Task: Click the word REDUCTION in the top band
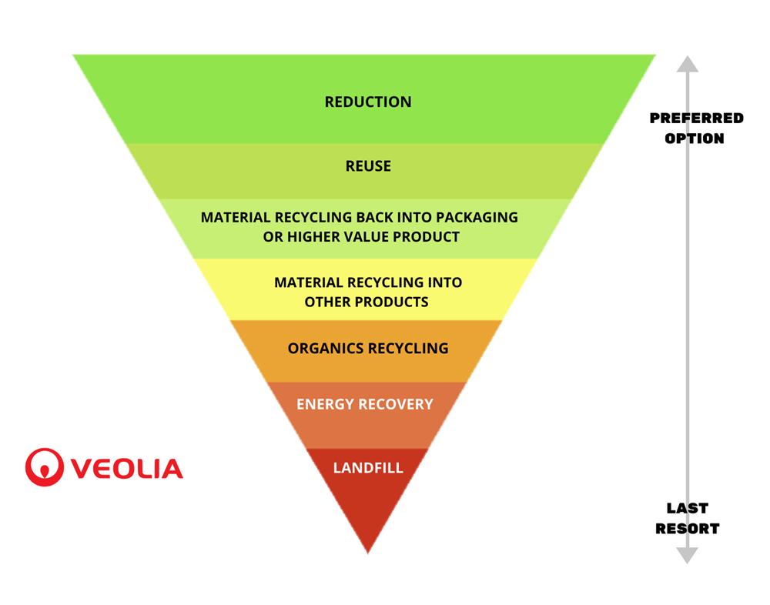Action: (x=368, y=102)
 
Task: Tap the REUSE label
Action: (x=368, y=166)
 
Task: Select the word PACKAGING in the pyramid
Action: (x=477, y=217)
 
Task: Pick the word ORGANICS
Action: (x=326, y=348)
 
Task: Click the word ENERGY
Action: (x=325, y=404)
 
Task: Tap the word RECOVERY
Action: (x=396, y=404)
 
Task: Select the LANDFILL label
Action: (x=368, y=468)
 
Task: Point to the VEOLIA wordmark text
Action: (x=127, y=469)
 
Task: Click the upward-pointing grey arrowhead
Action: (x=688, y=64)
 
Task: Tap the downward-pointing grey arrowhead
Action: (x=688, y=556)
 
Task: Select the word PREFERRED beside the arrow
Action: (x=697, y=119)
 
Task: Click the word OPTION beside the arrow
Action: (x=695, y=139)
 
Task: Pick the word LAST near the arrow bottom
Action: (x=688, y=508)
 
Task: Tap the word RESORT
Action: (x=688, y=529)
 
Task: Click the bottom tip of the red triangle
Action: (x=368, y=553)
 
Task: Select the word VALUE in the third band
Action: (x=361, y=237)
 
